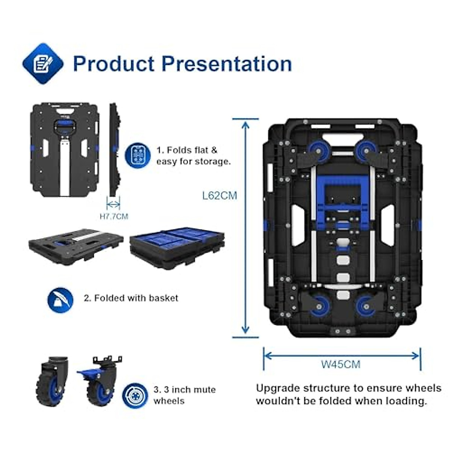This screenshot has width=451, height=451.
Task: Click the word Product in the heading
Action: coord(114,64)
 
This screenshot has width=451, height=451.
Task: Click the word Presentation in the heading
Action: coord(227,64)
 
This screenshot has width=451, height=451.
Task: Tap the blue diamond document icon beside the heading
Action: coord(43,64)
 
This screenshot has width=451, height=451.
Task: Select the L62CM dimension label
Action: coord(219,196)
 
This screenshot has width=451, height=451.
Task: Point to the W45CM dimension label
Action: coord(341,364)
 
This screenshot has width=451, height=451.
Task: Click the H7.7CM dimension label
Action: coord(114,216)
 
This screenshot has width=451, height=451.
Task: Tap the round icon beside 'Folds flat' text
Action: coord(138,155)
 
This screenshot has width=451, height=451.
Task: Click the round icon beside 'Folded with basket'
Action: coord(60,300)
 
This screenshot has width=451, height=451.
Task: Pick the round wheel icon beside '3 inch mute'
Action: coord(135,395)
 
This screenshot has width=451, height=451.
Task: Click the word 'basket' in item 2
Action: coord(163,298)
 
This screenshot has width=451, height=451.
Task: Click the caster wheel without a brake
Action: coord(51,381)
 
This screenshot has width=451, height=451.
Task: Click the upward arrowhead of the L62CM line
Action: coord(245,124)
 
